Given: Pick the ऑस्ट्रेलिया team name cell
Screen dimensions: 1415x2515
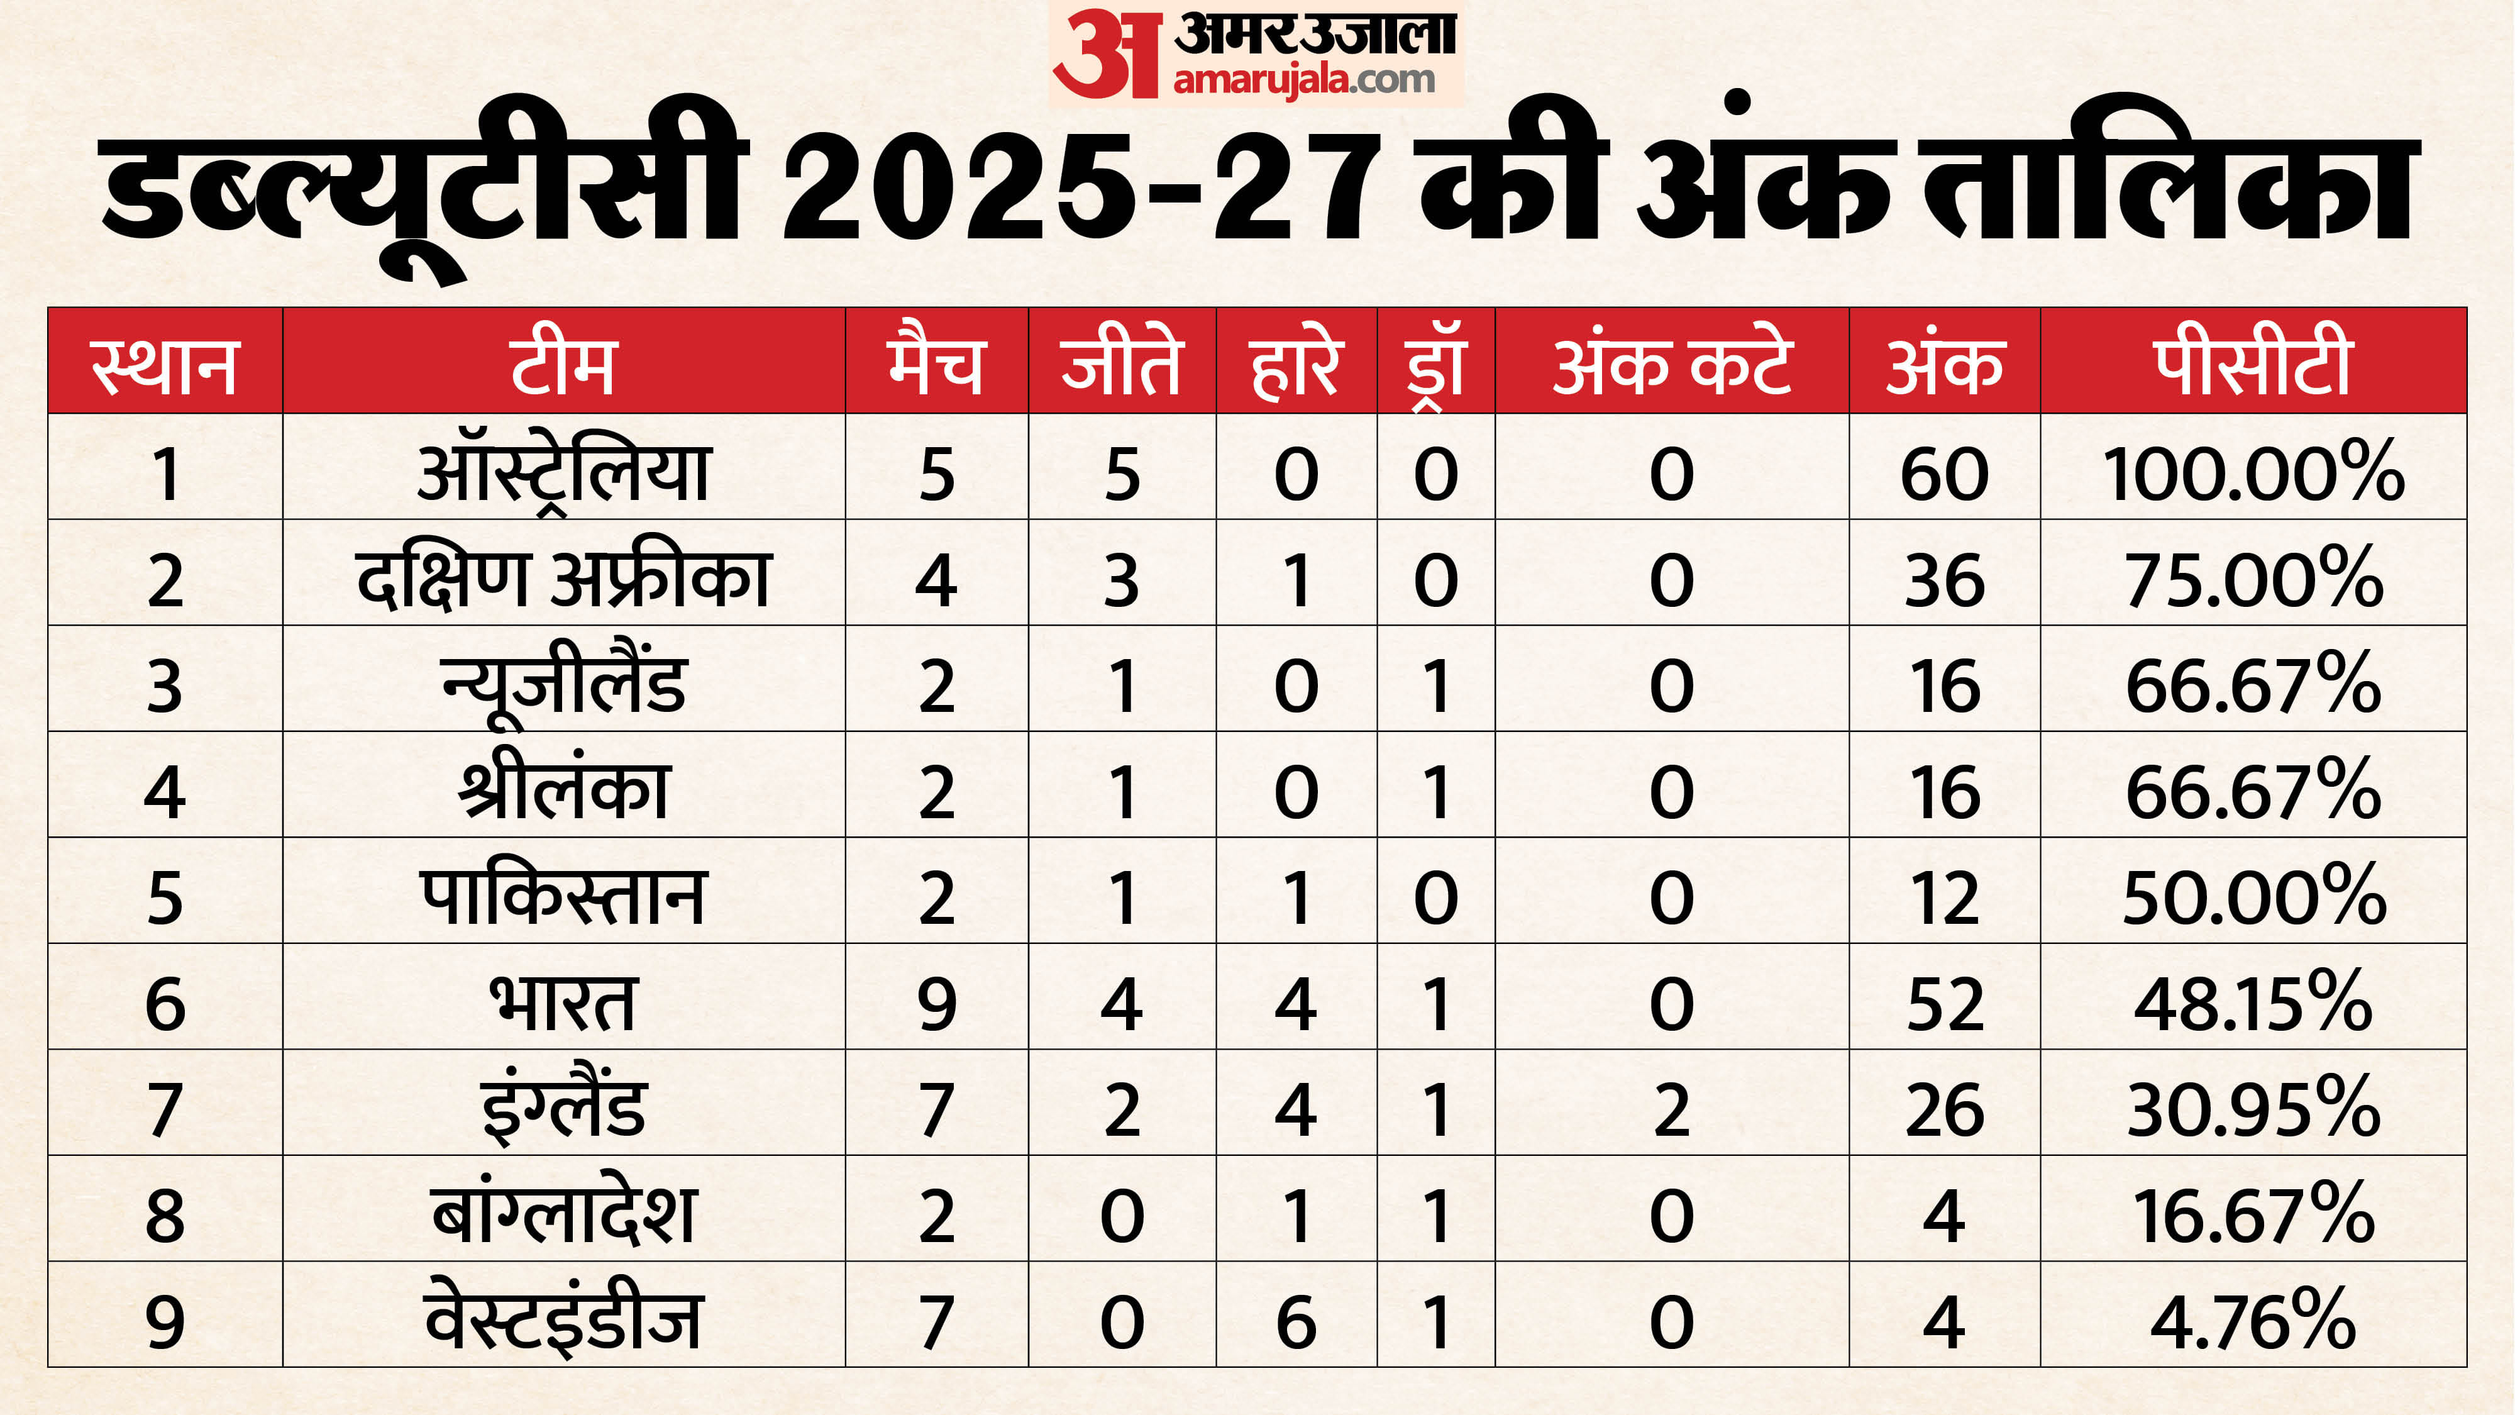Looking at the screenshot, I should [563, 474].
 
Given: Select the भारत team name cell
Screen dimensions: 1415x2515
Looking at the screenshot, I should [563, 1003].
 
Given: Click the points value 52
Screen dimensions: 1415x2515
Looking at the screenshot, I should [1944, 1003].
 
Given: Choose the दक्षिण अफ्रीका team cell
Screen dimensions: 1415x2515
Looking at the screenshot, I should [563, 579].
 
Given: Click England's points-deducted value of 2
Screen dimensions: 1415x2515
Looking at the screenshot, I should [1671, 1109].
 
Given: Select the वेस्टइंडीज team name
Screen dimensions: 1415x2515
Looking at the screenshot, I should [563, 1321].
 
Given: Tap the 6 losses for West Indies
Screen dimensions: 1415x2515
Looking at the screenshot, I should [1296, 1321].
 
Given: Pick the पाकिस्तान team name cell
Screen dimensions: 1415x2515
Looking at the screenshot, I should [563, 896].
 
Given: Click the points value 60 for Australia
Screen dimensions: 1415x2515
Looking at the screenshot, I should [1944, 474].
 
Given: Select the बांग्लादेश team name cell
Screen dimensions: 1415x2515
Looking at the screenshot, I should [563, 1215].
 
